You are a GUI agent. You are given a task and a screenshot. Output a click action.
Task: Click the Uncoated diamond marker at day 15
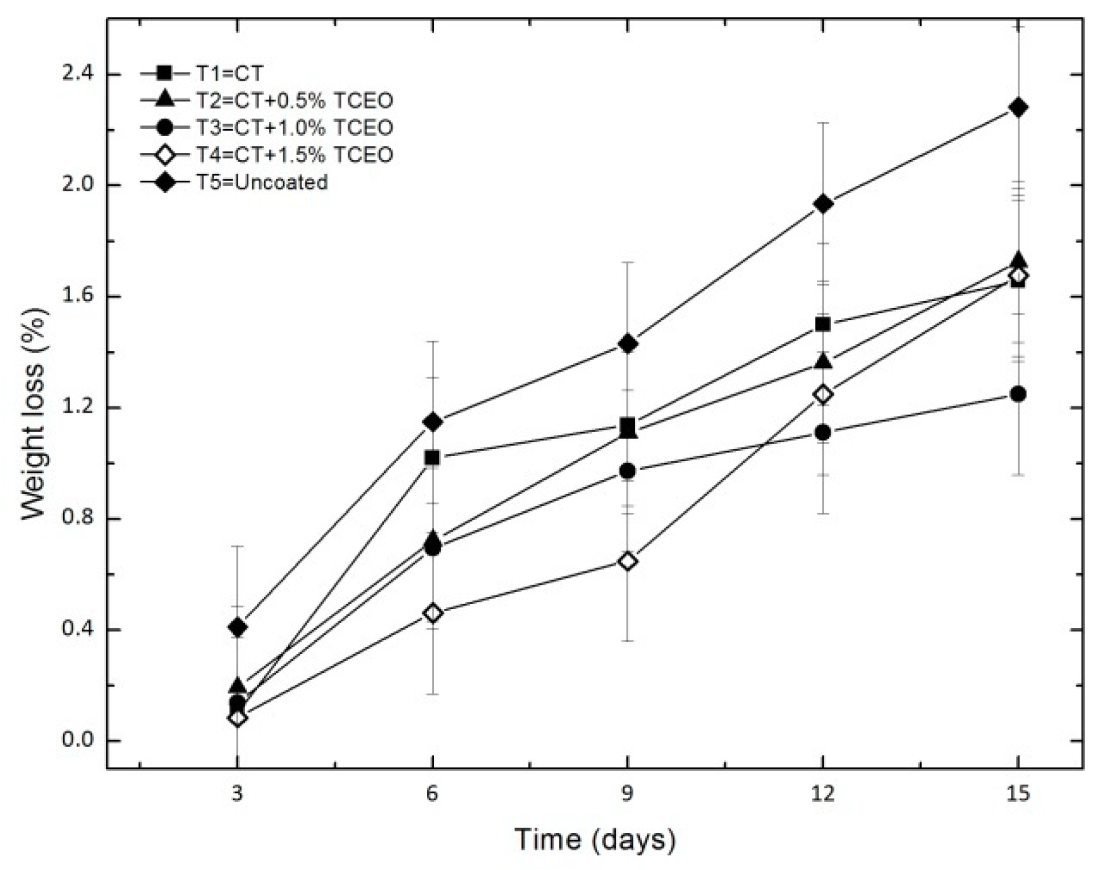click(1018, 108)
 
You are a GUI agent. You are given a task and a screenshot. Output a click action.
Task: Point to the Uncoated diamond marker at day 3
click(237, 627)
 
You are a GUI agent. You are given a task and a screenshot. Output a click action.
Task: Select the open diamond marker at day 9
click(627, 561)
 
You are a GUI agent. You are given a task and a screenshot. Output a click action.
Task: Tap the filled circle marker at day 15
click(1018, 394)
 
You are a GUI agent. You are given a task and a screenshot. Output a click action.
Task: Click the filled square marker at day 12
click(823, 324)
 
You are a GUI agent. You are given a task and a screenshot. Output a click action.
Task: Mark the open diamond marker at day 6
click(432, 613)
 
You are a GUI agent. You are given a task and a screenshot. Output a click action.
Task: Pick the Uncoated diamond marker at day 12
click(823, 204)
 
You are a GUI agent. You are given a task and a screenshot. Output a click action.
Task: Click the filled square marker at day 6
click(432, 457)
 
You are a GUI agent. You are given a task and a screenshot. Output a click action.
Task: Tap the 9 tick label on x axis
click(627, 794)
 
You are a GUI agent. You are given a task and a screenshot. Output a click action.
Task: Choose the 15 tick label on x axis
click(1018, 794)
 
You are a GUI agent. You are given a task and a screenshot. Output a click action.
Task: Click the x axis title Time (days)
click(595, 840)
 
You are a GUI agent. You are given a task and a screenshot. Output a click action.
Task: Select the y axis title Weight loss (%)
click(35, 414)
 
